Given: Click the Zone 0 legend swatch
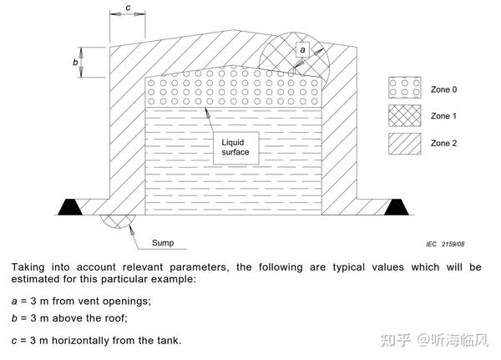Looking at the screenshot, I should (x=403, y=88).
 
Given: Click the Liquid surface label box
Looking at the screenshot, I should (x=235, y=148).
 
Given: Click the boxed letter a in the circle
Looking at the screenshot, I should (x=303, y=50).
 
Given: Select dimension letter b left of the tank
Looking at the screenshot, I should (x=75, y=63).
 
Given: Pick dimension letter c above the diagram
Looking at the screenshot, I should (x=128, y=8).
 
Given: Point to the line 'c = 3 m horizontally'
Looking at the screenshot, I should (x=96, y=340).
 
